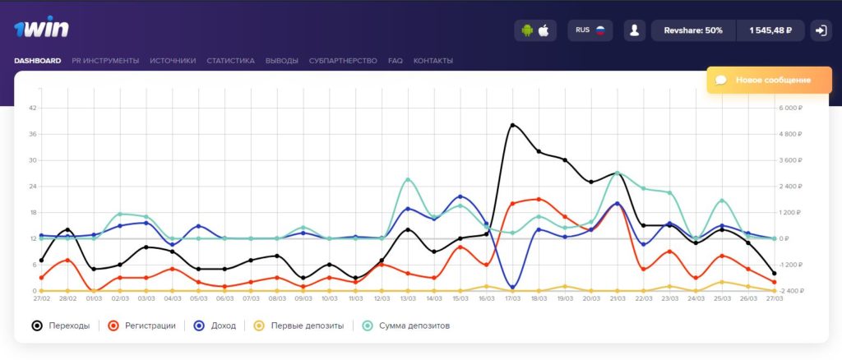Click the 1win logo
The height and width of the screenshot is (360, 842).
pos(41,27)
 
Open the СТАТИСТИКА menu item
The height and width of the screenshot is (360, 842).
pos(230,61)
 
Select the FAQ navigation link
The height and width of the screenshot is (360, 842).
pos(396,61)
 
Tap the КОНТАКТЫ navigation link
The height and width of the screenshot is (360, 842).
pos(433,61)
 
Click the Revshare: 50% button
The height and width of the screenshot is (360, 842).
pos(693,30)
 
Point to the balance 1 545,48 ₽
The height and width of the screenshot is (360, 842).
pos(770,30)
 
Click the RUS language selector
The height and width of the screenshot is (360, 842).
pos(590,30)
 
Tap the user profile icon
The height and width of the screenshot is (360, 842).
pos(634,30)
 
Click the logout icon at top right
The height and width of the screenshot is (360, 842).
pos(821,30)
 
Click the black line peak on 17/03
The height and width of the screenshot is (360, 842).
pos(512,126)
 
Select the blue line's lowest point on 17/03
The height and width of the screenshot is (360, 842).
pos(512,288)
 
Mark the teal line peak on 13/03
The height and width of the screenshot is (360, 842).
pos(408,179)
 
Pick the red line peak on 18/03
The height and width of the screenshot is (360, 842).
pos(539,200)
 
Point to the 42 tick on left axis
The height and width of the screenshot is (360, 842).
pos(33,108)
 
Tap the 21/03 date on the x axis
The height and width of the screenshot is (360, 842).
pos(617,298)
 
